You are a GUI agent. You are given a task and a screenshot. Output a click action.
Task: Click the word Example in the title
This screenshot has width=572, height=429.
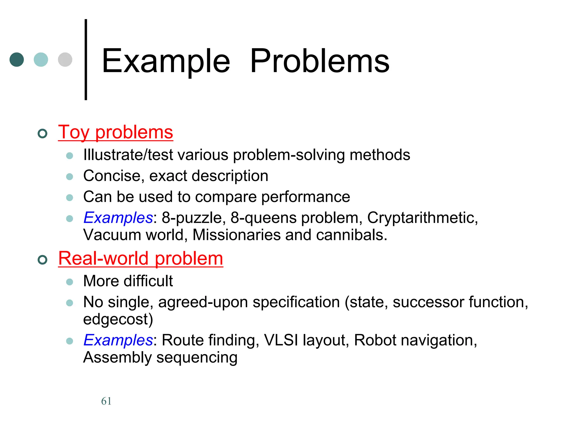(166, 61)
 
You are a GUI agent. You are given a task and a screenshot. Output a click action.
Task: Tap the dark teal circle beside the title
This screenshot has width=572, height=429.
(17, 59)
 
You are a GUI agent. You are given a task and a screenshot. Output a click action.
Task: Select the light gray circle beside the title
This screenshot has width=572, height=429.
(65, 59)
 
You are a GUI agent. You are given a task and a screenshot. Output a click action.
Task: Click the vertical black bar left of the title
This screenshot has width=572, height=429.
(86, 59)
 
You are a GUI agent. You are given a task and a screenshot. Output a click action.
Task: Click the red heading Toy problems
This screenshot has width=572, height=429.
(115, 132)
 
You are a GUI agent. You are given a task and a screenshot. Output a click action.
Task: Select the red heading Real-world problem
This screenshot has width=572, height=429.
(140, 258)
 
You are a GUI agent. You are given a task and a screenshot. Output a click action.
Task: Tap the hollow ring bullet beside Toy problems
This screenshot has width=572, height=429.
(42, 134)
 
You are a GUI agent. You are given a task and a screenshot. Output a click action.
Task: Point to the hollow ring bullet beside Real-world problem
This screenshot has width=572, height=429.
(42, 260)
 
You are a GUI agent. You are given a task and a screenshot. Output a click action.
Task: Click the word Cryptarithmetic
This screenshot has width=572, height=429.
(422, 218)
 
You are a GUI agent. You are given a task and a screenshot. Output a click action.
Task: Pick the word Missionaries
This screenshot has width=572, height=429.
(236, 235)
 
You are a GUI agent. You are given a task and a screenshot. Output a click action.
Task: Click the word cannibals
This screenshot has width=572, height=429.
(352, 235)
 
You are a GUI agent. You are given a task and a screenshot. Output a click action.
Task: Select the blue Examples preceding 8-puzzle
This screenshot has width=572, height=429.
(118, 218)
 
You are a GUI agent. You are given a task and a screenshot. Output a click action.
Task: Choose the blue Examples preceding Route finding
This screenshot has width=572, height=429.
(118, 340)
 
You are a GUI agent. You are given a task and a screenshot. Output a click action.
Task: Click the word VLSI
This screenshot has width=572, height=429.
(281, 340)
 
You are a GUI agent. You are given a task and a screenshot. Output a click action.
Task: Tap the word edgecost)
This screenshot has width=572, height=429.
(118, 319)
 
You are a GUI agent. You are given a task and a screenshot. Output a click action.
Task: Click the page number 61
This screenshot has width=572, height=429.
(106, 401)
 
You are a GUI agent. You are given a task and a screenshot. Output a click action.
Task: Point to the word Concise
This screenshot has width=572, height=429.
(114, 176)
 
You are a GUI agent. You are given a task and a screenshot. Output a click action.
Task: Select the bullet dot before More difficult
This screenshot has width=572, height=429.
(70, 282)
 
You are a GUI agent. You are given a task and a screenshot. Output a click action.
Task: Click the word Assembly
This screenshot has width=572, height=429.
(117, 357)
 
